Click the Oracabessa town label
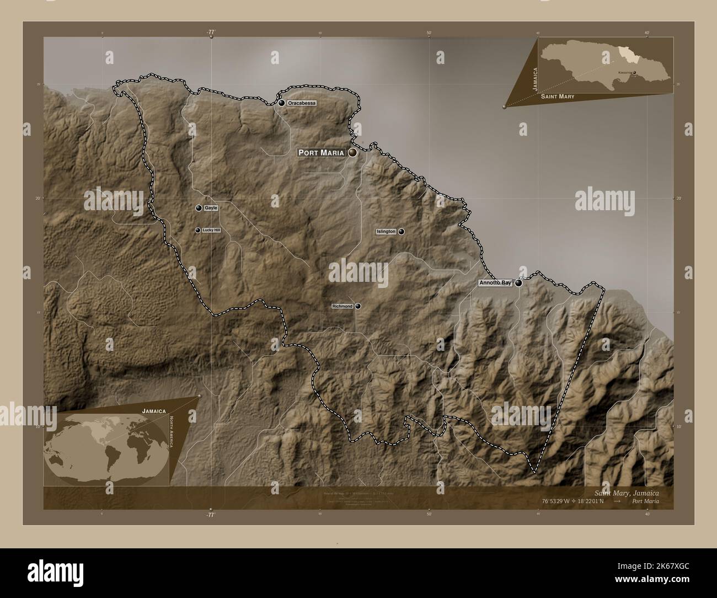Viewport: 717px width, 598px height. click(x=302, y=103)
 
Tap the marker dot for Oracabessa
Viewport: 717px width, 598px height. click(x=282, y=103)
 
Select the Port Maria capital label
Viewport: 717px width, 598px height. click(x=321, y=152)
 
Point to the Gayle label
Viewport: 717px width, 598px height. click(x=211, y=208)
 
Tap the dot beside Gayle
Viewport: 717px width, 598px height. click(x=199, y=208)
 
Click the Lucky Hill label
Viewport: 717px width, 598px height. click(x=211, y=231)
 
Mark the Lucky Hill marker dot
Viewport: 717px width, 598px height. click(x=198, y=231)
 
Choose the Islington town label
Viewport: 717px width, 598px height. click(x=386, y=232)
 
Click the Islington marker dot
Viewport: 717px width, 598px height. click(x=402, y=232)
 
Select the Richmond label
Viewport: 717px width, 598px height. click(x=342, y=306)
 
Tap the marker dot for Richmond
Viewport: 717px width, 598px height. click(x=358, y=306)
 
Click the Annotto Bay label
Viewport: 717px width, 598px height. click(x=495, y=283)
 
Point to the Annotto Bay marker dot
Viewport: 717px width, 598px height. click(x=518, y=283)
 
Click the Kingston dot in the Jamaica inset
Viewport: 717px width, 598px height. click(x=634, y=72)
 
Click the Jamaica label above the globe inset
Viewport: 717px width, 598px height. click(x=154, y=411)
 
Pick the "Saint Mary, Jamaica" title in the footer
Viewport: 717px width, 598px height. click(x=626, y=492)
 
